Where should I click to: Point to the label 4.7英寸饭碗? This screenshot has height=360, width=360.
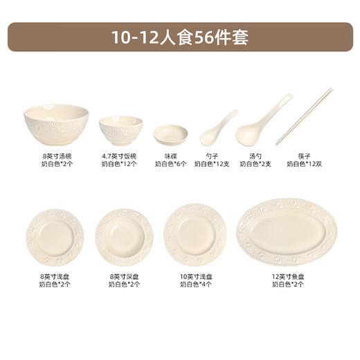click(x=120, y=156)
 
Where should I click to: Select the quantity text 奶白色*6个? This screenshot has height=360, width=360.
click(x=171, y=164)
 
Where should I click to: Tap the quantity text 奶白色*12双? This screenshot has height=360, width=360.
click(x=305, y=164)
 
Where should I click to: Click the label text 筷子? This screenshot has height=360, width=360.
click(x=305, y=156)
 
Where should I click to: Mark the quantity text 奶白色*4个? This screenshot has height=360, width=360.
click(x=195, y=283)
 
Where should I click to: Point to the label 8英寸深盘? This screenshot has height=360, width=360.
click(x=124, y=275)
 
